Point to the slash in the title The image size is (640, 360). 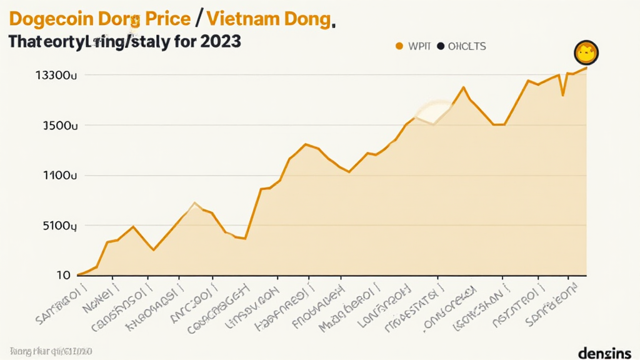(198, 20)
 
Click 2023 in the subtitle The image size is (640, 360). (219, 43)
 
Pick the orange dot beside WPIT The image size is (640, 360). (397, 46)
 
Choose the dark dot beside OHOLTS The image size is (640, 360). (440, 46)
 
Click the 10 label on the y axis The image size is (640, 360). (63, 275)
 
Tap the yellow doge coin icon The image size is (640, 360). (586, 53)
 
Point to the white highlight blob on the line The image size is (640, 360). (433, 111)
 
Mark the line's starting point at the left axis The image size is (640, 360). (77, 274)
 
